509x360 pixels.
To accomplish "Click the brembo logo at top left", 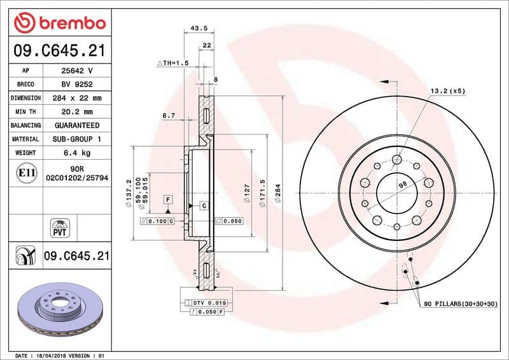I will (x=59, y=23).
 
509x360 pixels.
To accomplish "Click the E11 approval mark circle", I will (x=25, y=172).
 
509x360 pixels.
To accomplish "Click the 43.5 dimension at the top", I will (x=199, y=29).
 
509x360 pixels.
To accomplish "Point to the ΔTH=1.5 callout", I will (x=173, y=64).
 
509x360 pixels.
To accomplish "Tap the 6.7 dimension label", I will (x=169, y=116).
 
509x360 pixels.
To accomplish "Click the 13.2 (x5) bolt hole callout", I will (x=448, y=91).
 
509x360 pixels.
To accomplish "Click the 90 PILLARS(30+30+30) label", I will (x=461, y=305).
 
